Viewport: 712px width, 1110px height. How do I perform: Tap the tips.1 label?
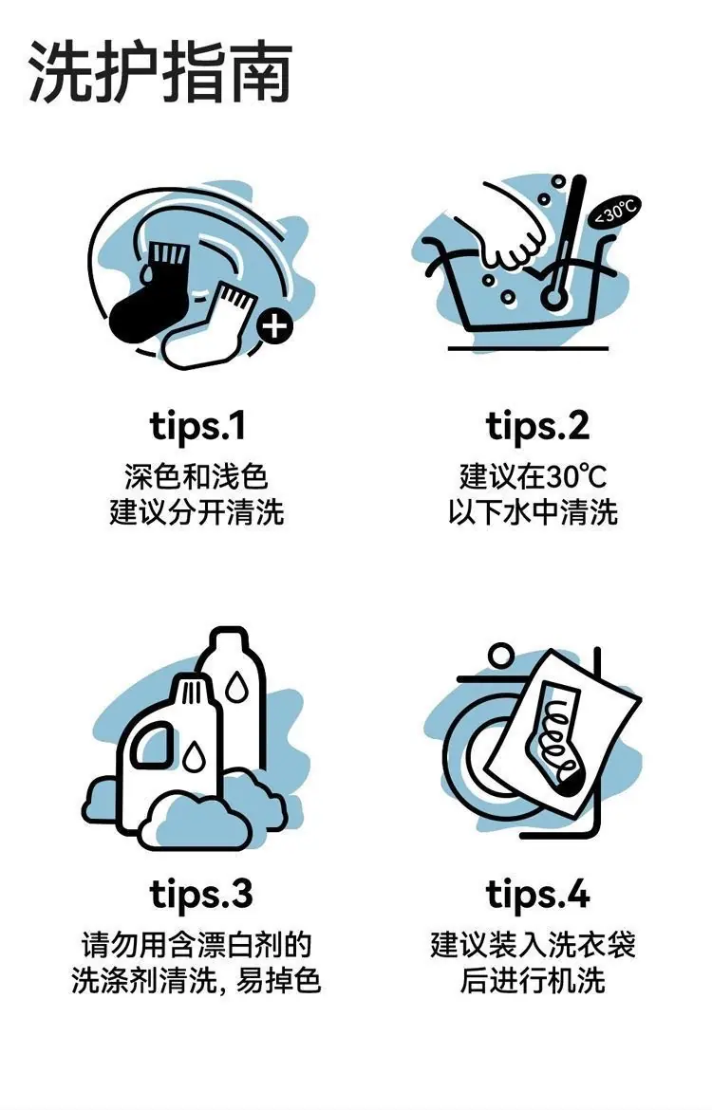click(197, 427)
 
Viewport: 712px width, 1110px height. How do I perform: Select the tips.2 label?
click(537, 427)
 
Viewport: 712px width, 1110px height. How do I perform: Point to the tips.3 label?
click(201, 895)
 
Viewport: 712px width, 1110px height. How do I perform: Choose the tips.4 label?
click(537, 895)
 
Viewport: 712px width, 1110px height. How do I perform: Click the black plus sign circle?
click(275, 326)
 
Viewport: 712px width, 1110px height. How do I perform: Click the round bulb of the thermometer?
click(553, 297)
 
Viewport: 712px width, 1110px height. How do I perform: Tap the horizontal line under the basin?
click(528, 348)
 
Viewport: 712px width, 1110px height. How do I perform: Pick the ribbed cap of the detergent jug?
click(191, 691)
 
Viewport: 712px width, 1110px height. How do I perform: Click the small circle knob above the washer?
click(501, 654)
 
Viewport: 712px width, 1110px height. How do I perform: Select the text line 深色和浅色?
click(197, 476)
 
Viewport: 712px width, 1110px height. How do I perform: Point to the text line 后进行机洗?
click(533, 981)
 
